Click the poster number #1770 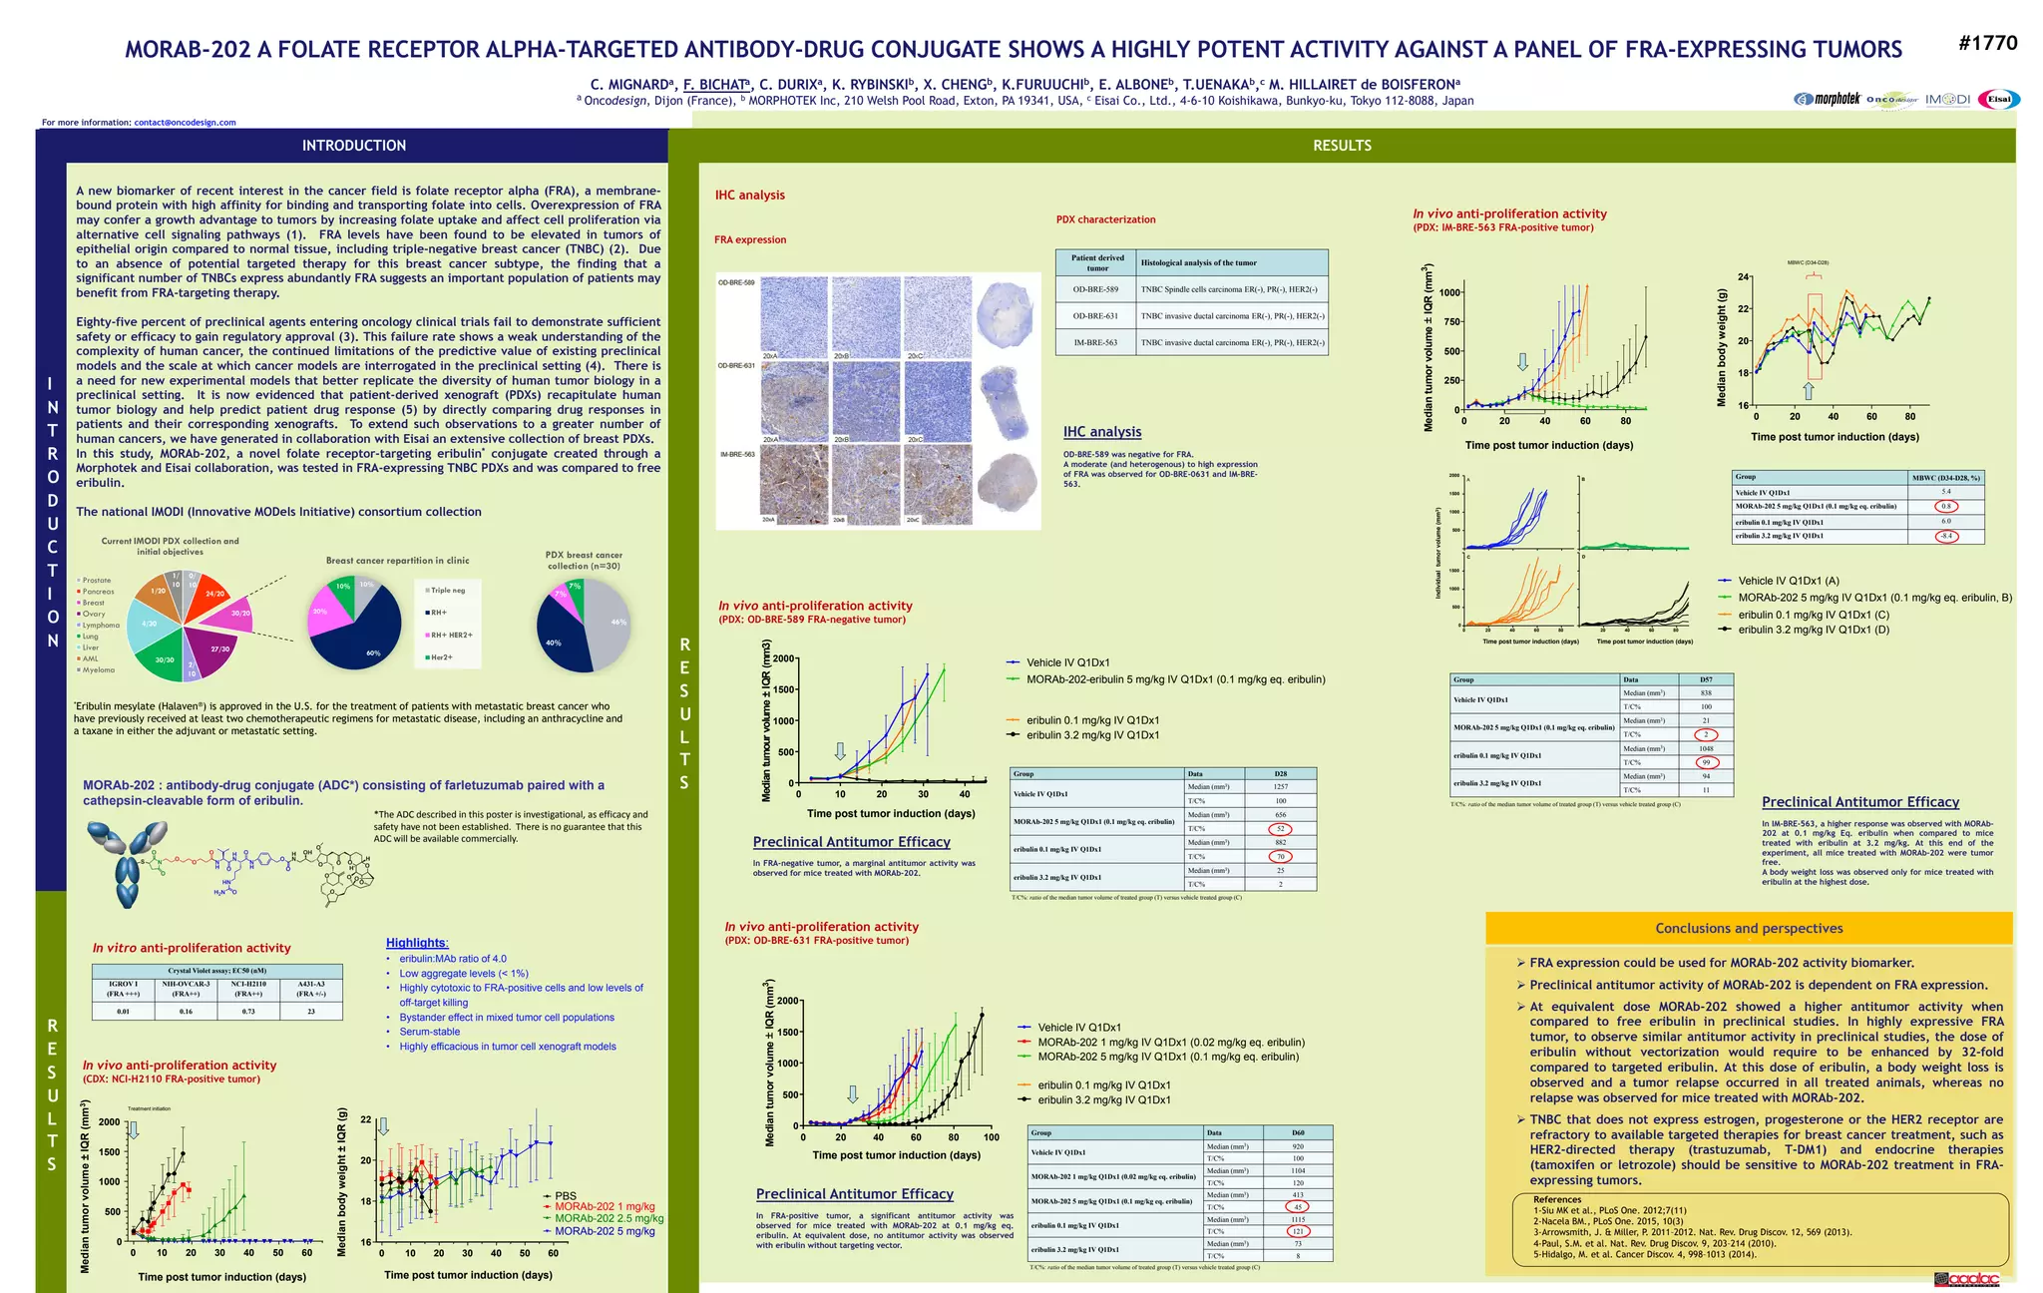pyautogui.click(x=1987, y=43)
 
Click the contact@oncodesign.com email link pyautogui.click(x=185, y=123)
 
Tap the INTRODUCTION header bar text pyautogui.click(x=353, y=146)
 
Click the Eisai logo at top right pyautogui.click(x=1999, y=99)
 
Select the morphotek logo pyautogui.click(x=1828, y=99)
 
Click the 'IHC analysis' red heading pyautogui.click(x=749, y=195)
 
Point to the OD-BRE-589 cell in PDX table pyautogui.click(x=1095, y=290)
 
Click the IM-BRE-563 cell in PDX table pyautogui.click(x=1095, y=342)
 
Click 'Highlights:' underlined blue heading pyautogui.click(x=417, y=943)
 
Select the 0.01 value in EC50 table pyautogui.click(x=123, y=1012)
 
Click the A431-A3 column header pyautogui.click(x=310, y=989)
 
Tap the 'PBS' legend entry pyautogui.click(x=565, y=1196)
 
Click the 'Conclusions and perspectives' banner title pyautogui.click(x=1748, y=928)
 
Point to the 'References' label pyautogui.click(x=1556, y=1199)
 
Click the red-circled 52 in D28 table pyautogui.click(x=1280, y=829)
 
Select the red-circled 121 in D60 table pyautogui.click(x=1297, y=1231)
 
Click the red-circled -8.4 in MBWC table pyautogui.click(x=1945, y=536)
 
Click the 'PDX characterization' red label pyautogui.click(x=1105, y=219)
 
